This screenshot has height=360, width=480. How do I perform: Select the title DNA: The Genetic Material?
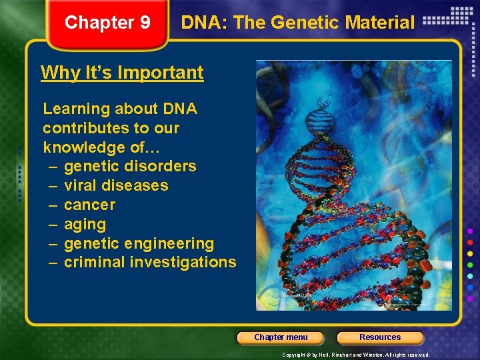[297, 23]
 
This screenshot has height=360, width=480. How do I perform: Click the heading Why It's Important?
[122, 72]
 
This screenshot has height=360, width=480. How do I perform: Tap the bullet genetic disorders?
[130, 166]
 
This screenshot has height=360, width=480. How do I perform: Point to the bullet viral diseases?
[116, 185]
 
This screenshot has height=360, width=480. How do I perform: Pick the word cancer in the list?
[89, 205]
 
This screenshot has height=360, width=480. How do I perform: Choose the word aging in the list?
[85, 224]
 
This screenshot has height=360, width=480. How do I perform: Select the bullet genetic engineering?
[139, 243]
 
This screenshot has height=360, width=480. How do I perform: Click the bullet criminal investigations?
[150, 262]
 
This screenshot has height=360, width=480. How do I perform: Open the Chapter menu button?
[281, 337]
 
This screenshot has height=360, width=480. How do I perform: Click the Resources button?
[380, 337]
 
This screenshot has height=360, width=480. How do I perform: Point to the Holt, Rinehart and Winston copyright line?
[356, 355]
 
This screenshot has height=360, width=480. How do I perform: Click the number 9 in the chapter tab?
[145, 23]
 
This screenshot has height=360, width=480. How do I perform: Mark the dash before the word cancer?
[53, 205]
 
